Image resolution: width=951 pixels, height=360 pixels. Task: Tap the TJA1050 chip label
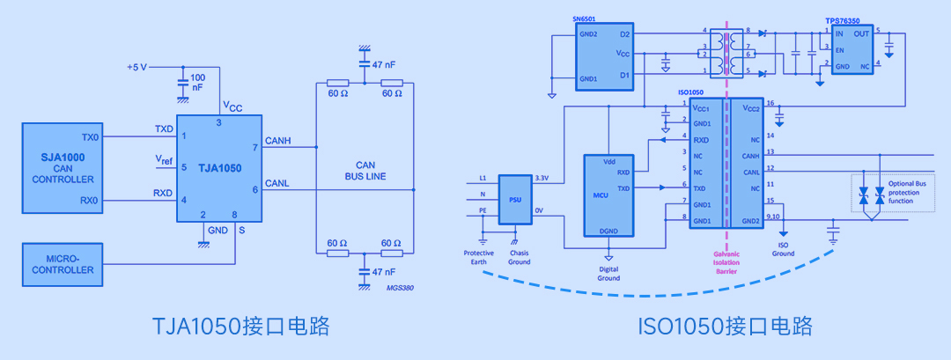[x=220, y=167]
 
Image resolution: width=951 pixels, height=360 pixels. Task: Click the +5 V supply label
[x=138, y=68]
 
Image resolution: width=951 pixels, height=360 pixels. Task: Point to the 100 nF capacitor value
[x=197, y=83]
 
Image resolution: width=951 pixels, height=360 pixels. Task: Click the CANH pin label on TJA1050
[x=278, y=141]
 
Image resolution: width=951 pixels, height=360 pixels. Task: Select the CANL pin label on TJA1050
[x=278, y=183]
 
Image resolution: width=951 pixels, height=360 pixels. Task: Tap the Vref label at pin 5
[x=164, y=160]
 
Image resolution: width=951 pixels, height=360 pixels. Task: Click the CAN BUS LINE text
[x=365, y=170]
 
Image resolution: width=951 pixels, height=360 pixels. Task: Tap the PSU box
[x=514, y=198]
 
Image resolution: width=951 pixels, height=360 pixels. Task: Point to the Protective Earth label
[x=480, y=258]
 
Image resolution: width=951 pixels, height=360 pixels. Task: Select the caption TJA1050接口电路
[x=241, y=327]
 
